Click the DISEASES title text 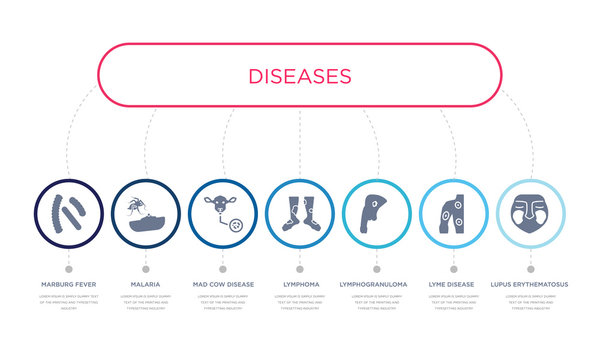(300, 76)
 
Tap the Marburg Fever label (68, 285)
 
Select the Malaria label (145, 285)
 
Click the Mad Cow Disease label (222, 285)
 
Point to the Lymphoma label (299, 285)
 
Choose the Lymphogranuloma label (376, 285)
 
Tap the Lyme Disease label (453, 285)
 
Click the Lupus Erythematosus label (530, 285)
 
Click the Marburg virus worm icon (68, 212)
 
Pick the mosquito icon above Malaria (145, 212)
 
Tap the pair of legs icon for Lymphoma (299, 213)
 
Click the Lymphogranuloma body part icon (376, 212)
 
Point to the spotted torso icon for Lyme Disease (453, 213)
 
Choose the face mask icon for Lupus (530, 213)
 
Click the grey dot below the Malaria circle (145, 268)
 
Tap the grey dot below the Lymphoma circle (299, 268)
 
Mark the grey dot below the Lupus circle (530, 268)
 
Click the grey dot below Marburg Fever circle (68, 268)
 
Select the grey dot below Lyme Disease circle (453, 268)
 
